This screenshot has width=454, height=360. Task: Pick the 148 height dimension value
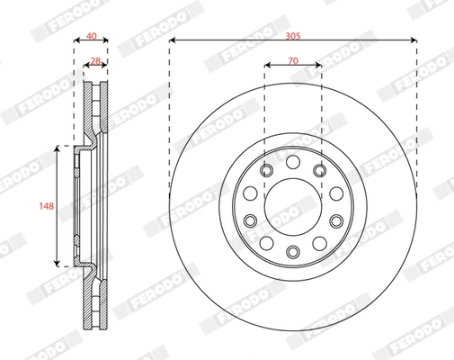[47, 205]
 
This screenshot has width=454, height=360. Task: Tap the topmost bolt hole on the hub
[292, 160]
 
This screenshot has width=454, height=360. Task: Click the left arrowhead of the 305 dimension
[172, 40]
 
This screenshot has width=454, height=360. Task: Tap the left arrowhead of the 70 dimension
[267, 65]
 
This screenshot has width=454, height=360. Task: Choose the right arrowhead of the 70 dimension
[318, 65]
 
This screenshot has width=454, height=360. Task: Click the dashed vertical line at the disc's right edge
[416, 135]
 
